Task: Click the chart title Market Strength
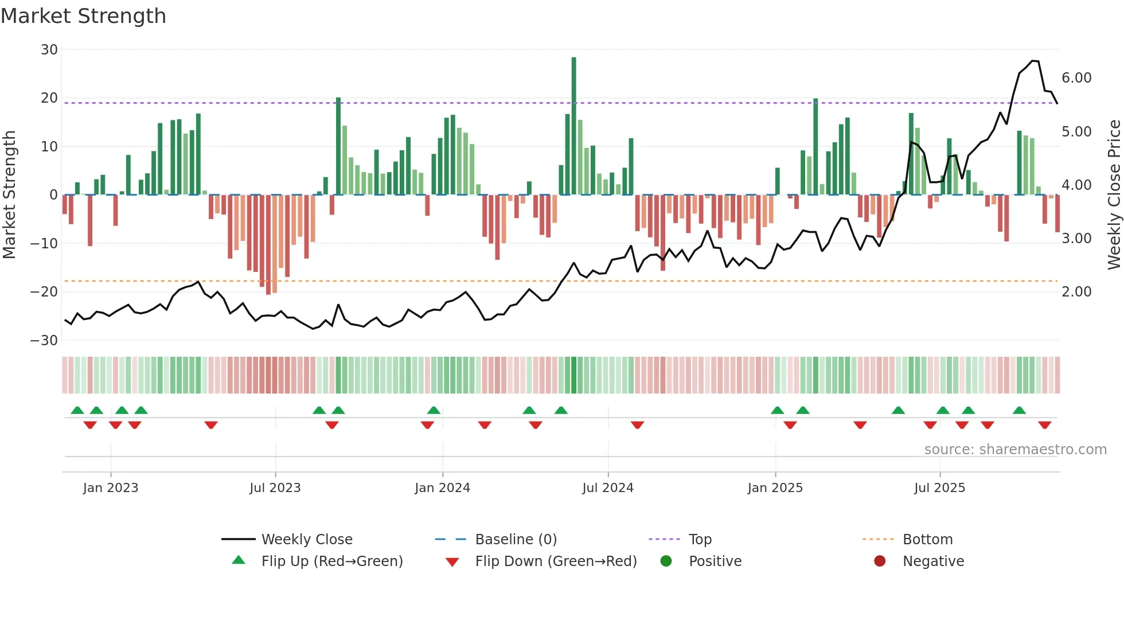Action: (x=83, y=16)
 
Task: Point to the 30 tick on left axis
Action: (x=49, y=50)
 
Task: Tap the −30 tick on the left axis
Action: (x=44, y=341)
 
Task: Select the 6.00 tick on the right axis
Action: (x=1076, y=78)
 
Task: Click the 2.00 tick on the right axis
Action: (x=1076, y=292)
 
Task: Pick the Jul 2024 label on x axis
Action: (x=608, y=488)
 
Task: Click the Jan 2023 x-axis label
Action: (x=111, y=488)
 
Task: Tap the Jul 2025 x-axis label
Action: (x=939, y=488)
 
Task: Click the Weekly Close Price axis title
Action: (x=1114, y=195)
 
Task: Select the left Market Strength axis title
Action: (x=10, y=195)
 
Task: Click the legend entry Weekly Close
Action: (x=307, y=540)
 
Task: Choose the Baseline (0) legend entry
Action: (x=516, y=540)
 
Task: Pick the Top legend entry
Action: (x=700, y=540)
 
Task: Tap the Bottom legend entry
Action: (x=927, y=540)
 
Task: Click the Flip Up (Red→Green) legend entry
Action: (x=332, y=561)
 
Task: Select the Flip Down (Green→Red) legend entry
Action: (x=556, y=561)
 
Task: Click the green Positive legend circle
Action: (x=666, y=561)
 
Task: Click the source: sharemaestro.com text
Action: (x=1015, y=450)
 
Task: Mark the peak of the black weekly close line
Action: (x=1033, y=61)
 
